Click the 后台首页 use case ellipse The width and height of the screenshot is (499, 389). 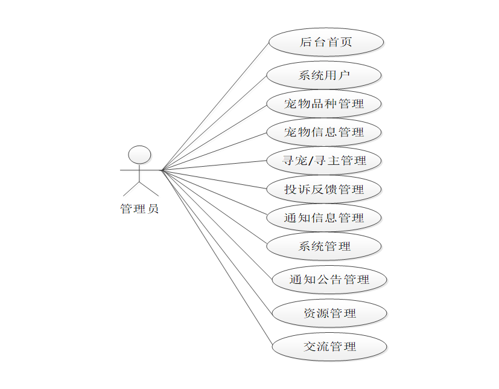pyautogui.click(x=326, y=42)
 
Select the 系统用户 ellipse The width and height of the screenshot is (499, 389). pyautogui.click(x=324, y=76)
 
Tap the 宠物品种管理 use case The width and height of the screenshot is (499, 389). pyautogui.click(x=324, y=104)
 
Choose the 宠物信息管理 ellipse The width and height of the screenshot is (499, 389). pyautogui.click(x=324, y=132)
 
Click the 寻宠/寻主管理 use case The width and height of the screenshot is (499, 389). pyautogui.click(x=324, y=161)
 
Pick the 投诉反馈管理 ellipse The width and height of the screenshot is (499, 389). pyautogui.click(x=324, y=189)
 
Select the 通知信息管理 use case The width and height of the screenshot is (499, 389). pyautogui.click(x=324, y=217)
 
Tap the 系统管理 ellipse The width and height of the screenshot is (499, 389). pyautogui.click(x=324, y=246)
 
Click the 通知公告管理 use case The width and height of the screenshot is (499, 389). pyautogui.click(x=329, y=280)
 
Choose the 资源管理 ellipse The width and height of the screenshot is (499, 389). pyautogui.click(x=329, y=313)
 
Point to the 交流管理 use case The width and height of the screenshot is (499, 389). pyautogui.click(x=329, y=347)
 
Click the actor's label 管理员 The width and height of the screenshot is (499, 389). pyautogui.click(x=140, y=210)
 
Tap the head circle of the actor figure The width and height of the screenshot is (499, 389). pyautogui.click(x=140, y=155)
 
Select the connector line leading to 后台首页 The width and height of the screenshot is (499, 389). pyautogui.click(x=215, y=106)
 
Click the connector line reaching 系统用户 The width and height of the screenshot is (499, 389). pyautogui.click(x=214, y=123)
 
